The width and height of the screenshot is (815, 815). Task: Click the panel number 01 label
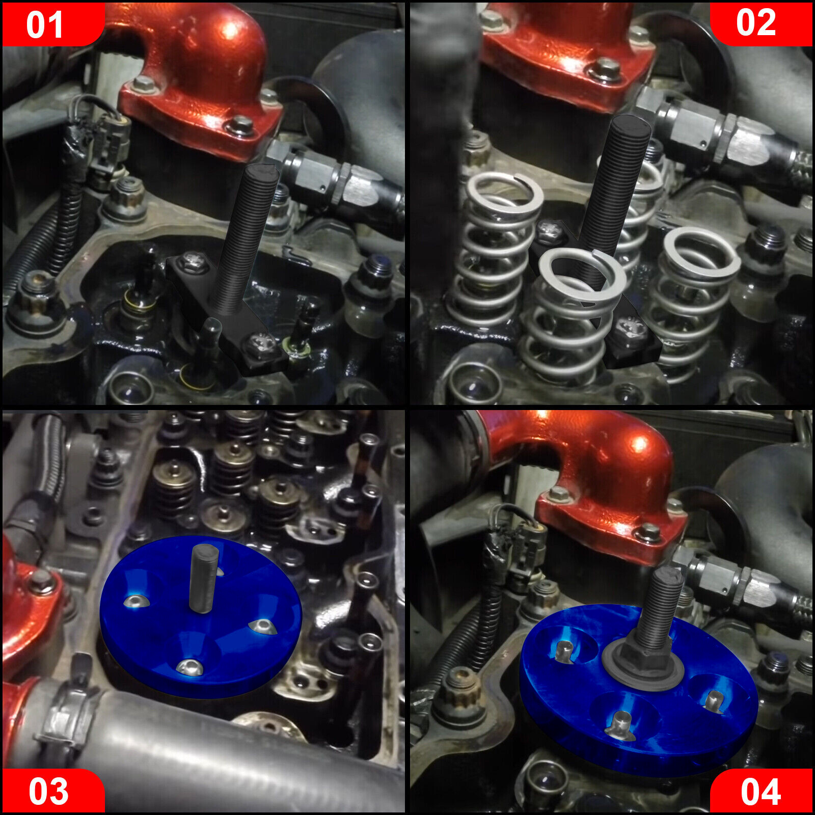point(45,25)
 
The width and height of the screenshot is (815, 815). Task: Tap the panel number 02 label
point(756,23)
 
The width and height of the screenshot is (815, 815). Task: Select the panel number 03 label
point(48,791)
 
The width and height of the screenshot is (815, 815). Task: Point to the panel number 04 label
point(760,791)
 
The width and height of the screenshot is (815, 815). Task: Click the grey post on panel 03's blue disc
point(204,578)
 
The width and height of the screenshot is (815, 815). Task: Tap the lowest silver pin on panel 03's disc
point(189,667)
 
